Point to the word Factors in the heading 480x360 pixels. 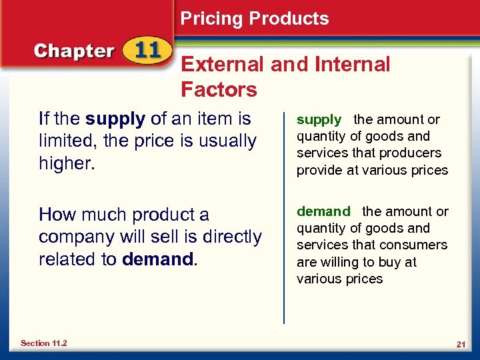219,89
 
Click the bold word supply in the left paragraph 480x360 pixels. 115,119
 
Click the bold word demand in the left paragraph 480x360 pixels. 158,259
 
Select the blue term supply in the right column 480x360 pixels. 319,120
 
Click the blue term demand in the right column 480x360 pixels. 323,211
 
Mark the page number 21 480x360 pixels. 460,344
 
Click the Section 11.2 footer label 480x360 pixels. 43,343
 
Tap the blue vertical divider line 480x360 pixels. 284,213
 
